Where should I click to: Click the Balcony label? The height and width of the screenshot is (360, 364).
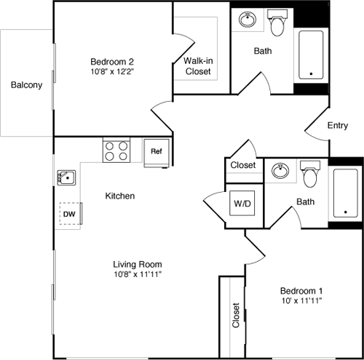click(x=26, y=84)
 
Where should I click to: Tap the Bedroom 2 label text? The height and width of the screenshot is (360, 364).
click(x=111, y=61)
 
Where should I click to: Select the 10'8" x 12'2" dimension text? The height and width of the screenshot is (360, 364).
click(x=111, y=73)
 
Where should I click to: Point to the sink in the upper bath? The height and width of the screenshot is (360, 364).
click(x=248, y=20)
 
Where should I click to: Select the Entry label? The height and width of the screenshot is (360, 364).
click(x=337, y=126)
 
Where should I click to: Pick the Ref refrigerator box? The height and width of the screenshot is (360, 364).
click(x=156, y=152)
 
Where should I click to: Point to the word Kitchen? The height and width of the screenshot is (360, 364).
click(x=120, y=196)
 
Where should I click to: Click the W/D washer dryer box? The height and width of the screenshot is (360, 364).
click(x=241, y=202)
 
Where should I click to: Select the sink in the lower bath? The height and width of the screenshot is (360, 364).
click(x=281, y=172)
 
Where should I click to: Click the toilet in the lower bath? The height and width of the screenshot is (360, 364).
click(x=311, y=175)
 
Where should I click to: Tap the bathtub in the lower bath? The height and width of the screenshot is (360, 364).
click(x=345, y=193)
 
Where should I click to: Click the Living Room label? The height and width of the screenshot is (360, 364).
click(x=137, y=264)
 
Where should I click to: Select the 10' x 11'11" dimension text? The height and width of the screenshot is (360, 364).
click(x=301, y=300)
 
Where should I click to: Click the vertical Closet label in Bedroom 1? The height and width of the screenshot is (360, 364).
click(x=235, y=315)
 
